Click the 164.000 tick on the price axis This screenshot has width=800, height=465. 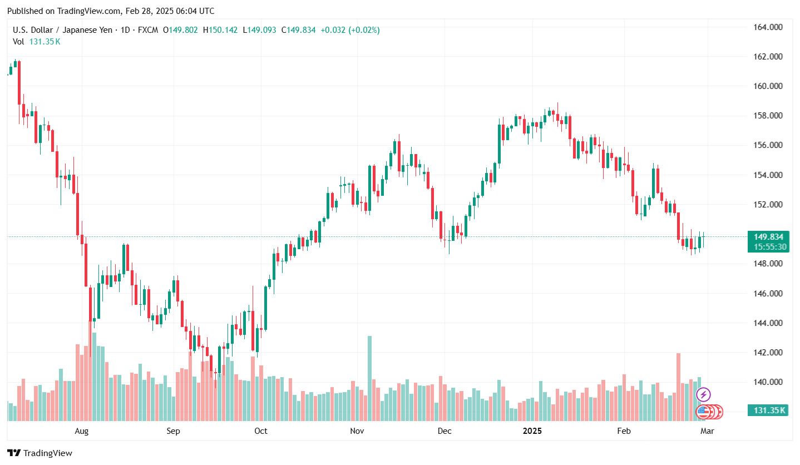(767, 27)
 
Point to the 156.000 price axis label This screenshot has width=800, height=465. (767, 145)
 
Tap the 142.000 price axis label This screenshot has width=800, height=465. (767, 353)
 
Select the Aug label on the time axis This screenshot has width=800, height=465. (82, 431)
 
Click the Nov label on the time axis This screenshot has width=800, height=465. (357, 431)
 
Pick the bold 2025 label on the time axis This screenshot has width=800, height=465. (532, 431)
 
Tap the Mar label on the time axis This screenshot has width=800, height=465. (707, 431)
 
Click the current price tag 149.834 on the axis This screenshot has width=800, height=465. (768, 237)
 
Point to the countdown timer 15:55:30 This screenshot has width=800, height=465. (768, 246)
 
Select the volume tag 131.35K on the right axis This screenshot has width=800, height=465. (769, 410)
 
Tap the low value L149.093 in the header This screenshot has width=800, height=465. (260, 30)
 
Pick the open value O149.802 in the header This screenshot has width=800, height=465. (180, 30)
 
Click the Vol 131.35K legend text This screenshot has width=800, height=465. (37, 41)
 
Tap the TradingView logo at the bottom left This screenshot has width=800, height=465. (40, 453)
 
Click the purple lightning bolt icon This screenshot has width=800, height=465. (703, 395)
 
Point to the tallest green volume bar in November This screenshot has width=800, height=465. (369, 378)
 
